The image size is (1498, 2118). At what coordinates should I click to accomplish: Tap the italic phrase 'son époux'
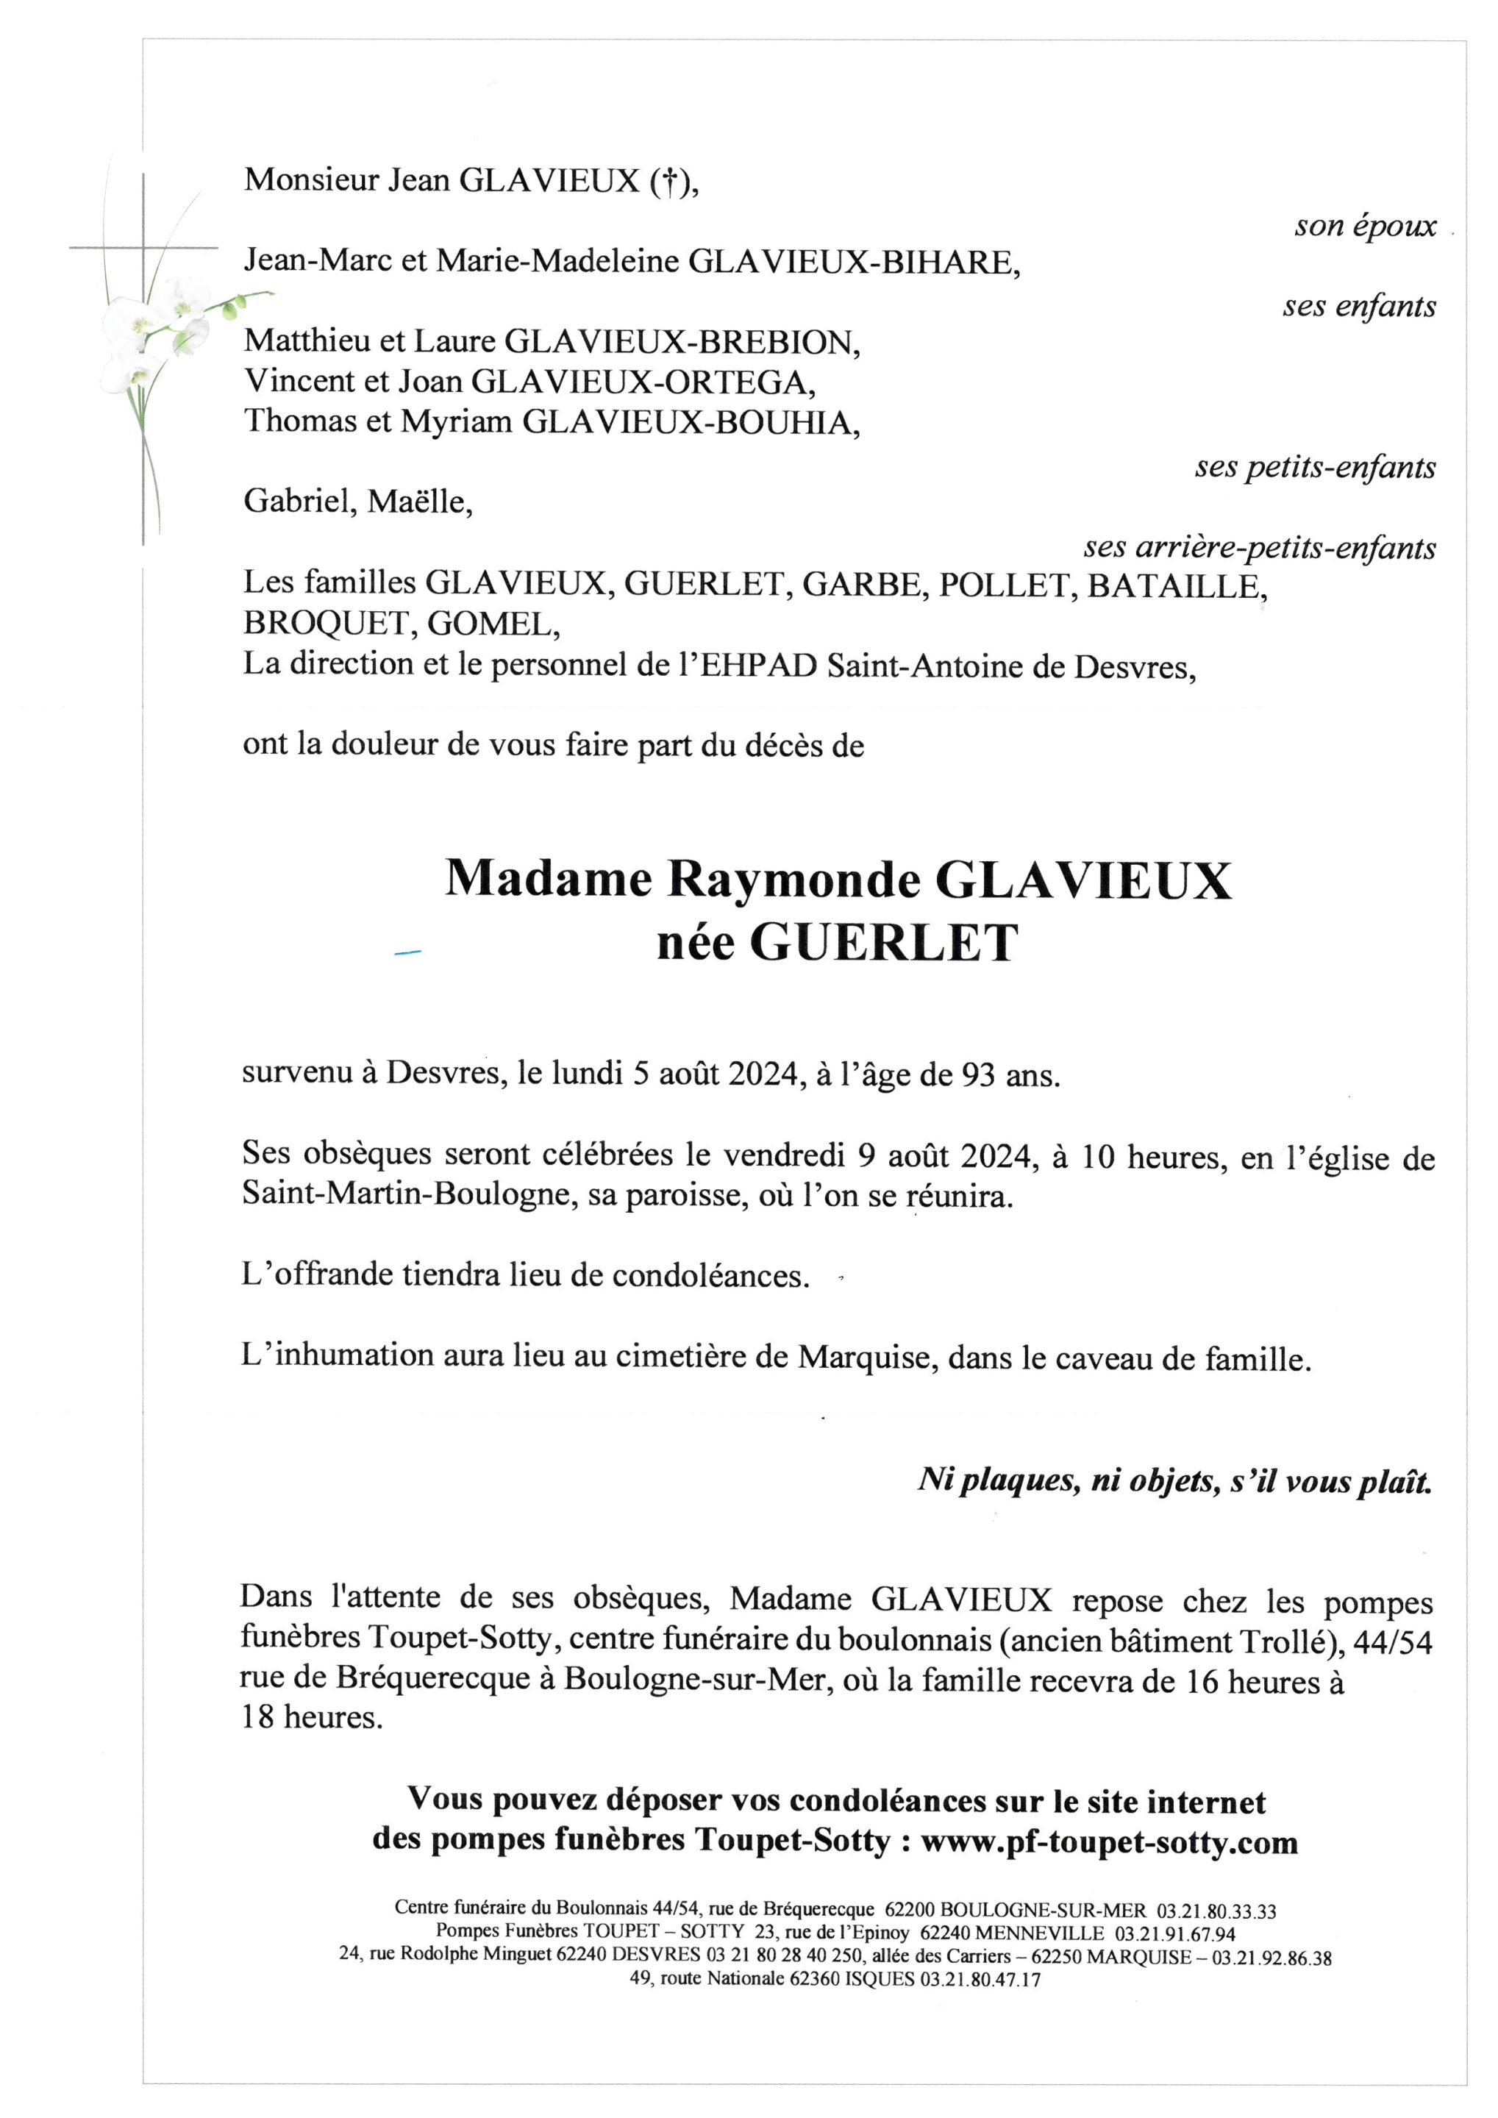point(1364,226)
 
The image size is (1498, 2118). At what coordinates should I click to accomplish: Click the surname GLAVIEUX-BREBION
point(682,342)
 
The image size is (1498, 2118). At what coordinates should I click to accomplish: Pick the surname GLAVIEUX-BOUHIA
point(690,421)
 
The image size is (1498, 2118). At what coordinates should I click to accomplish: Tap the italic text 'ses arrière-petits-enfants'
point(1259,548)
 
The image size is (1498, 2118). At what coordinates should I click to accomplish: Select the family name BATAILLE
point(1173,586)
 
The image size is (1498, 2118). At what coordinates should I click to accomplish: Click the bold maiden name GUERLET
point(884,943)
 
